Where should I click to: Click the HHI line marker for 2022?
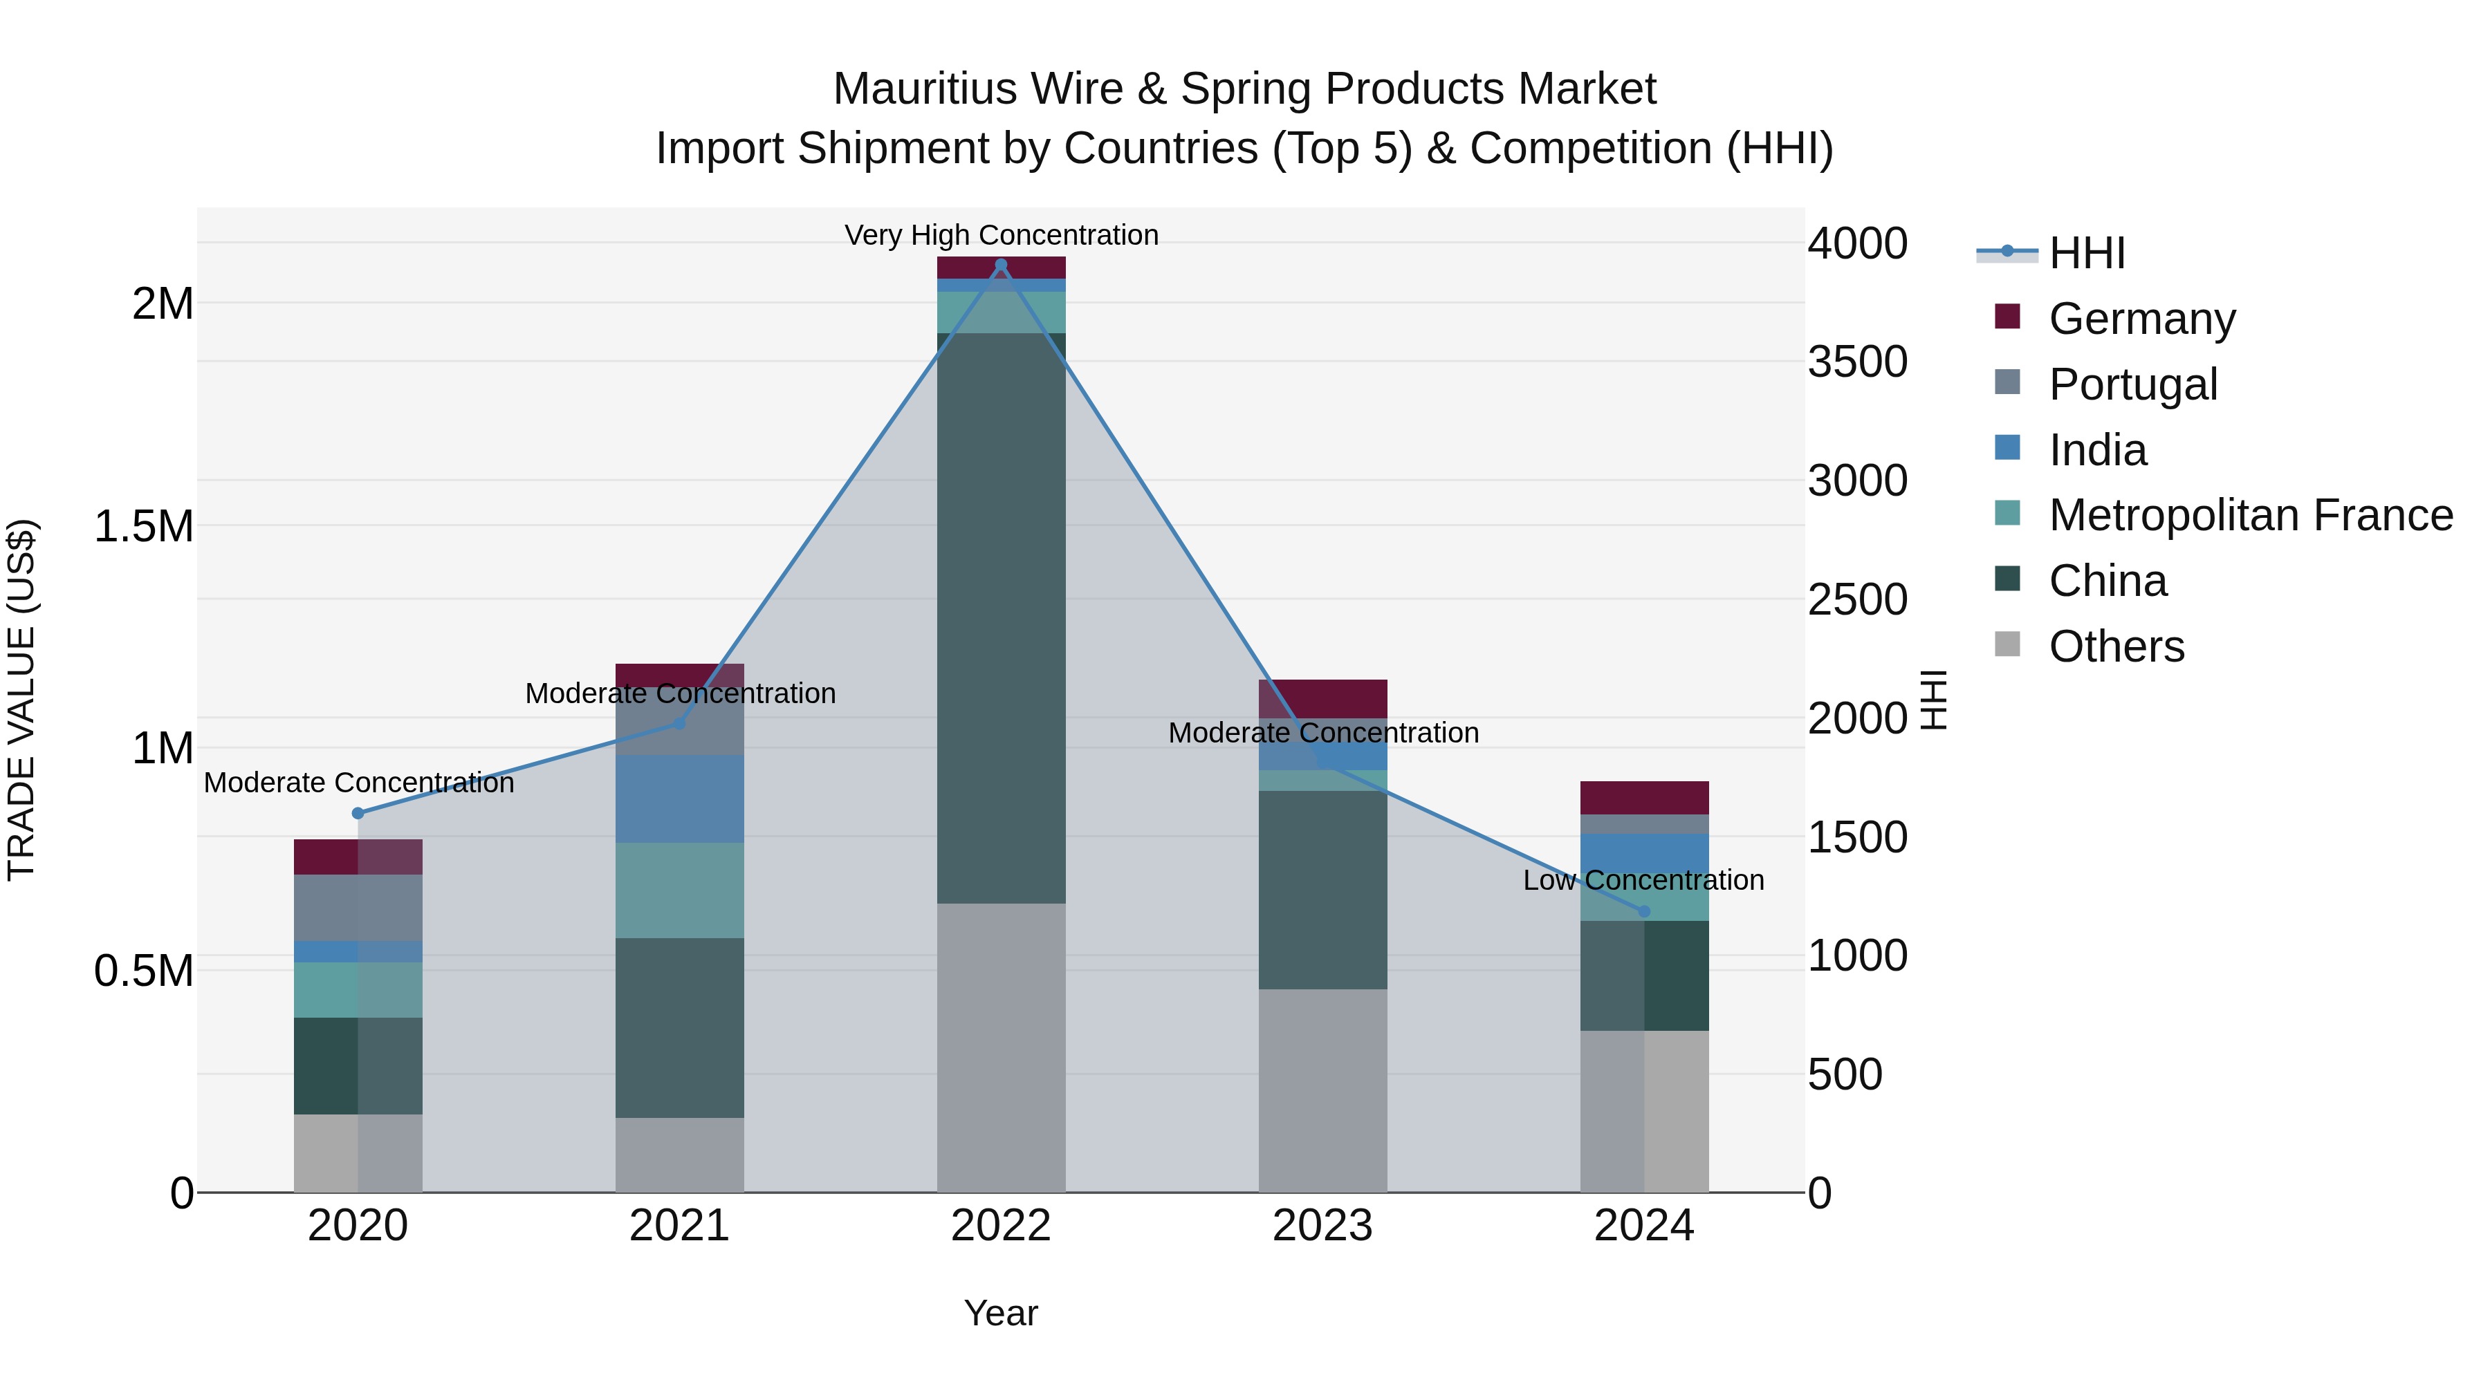1000,265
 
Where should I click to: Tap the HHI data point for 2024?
1643,911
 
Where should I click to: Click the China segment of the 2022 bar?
1000,618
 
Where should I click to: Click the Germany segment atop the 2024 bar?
1643,797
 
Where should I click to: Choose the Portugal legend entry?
2132,384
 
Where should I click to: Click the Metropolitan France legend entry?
2250,515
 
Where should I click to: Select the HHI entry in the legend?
2086,253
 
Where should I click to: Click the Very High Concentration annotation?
1000,235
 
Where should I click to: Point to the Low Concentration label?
1643,880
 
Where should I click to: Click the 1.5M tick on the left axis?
143,527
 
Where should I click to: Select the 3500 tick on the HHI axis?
1857,362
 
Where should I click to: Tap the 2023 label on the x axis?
1322,1226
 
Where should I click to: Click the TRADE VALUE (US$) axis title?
21,700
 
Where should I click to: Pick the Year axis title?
1000,1313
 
